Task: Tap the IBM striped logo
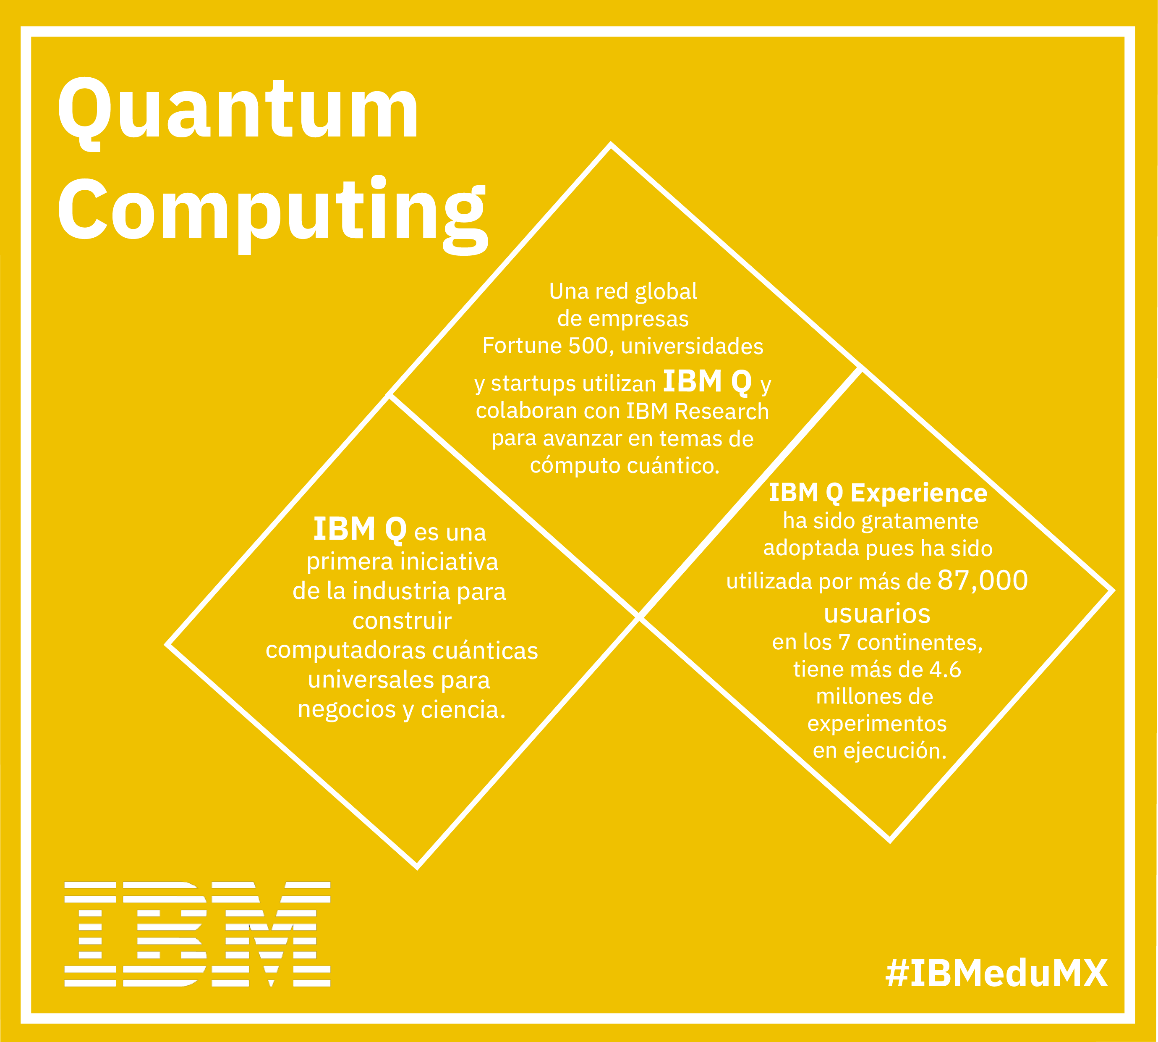tap(197, 934)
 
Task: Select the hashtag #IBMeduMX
tap(996, 973)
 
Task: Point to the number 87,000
tap(983, 580)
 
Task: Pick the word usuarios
tap(877, 613)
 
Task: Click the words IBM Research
tap(698, 411)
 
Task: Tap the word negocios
tap(347, 710)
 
